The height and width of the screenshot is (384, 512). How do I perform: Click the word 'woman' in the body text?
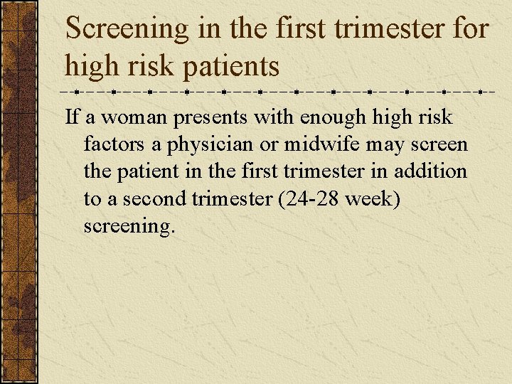click(x=127, y=117)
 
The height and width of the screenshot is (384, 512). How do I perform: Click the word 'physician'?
click(x=213, y=146)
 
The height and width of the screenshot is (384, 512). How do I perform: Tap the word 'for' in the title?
click(x=469, y=28)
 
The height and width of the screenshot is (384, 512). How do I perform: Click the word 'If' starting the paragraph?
click(x=72, y=117)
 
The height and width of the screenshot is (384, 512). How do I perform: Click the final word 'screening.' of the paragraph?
click(x=128, y=228)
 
